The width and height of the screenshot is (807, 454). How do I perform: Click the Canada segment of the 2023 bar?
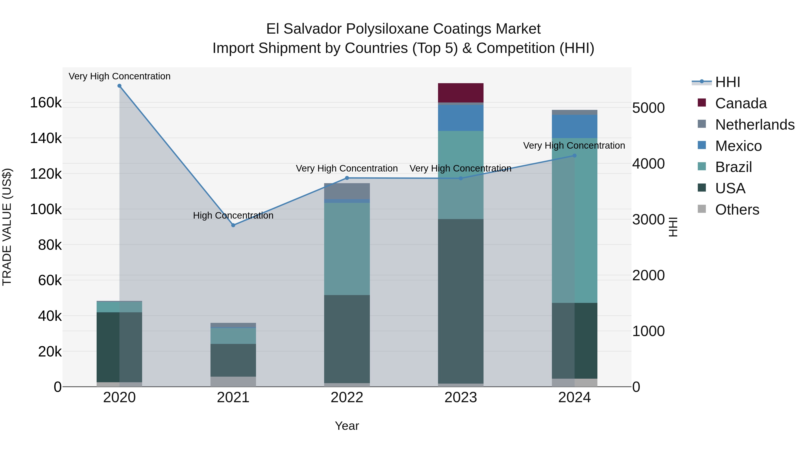pyautogui.click(x=460, y=93)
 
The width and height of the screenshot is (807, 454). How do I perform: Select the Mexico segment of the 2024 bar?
pyautogui.click(x=574, y=126)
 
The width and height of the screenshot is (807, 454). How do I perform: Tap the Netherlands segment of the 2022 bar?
pyautogui.click(x=347, y=191)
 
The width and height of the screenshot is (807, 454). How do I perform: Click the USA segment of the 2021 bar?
pyautogui.click(x=233, y=360)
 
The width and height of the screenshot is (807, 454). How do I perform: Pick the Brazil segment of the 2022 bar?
pyautogui.click(x=347, y=249)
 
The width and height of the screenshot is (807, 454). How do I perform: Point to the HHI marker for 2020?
pyautogui.click(x=119, y=86)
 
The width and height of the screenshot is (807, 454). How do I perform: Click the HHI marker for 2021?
pyautogui.click(x=233, y=225)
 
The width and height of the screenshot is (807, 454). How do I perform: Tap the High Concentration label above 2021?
pyautogui.click(x=233, y=215)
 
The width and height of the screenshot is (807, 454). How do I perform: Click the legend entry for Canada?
pyautogui.click(x=741, y=103)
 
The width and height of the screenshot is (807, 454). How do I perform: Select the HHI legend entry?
pyautogui.click(x=727, y=82)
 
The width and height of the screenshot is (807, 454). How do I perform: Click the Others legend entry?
pyautogui.click(x=737, y=210)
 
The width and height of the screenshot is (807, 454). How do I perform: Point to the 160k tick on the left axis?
pyautogui.click(x=46, y=103)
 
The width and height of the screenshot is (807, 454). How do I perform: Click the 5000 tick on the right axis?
pyautogui.click(x=648, y=108)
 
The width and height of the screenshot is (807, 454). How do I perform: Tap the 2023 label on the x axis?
pyautogui.click(x=460, y=398)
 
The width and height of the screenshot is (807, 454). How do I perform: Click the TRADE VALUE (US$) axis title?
pyautogui.click(x=7, y=227)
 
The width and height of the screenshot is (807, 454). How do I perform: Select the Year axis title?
pyautogui.click(x=347, y=426)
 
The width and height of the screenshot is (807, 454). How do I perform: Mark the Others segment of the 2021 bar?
pyautogui.click(x=233, y=382)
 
